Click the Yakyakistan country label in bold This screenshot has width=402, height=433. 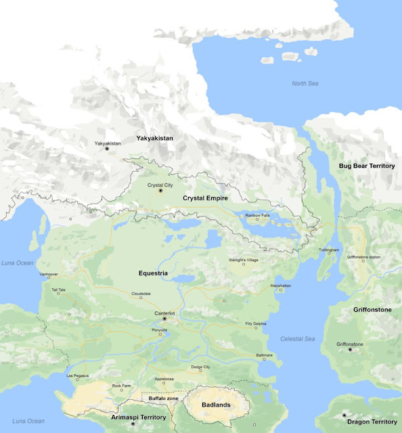154,138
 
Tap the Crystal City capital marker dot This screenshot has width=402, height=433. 161,191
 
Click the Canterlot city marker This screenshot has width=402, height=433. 164,319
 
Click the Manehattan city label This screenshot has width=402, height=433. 281,286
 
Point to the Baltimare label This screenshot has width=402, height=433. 265,355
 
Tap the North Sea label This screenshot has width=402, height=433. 305,83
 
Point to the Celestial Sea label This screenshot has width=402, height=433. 298,338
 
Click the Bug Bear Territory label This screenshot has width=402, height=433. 367,166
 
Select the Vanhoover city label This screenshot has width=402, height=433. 49,274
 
